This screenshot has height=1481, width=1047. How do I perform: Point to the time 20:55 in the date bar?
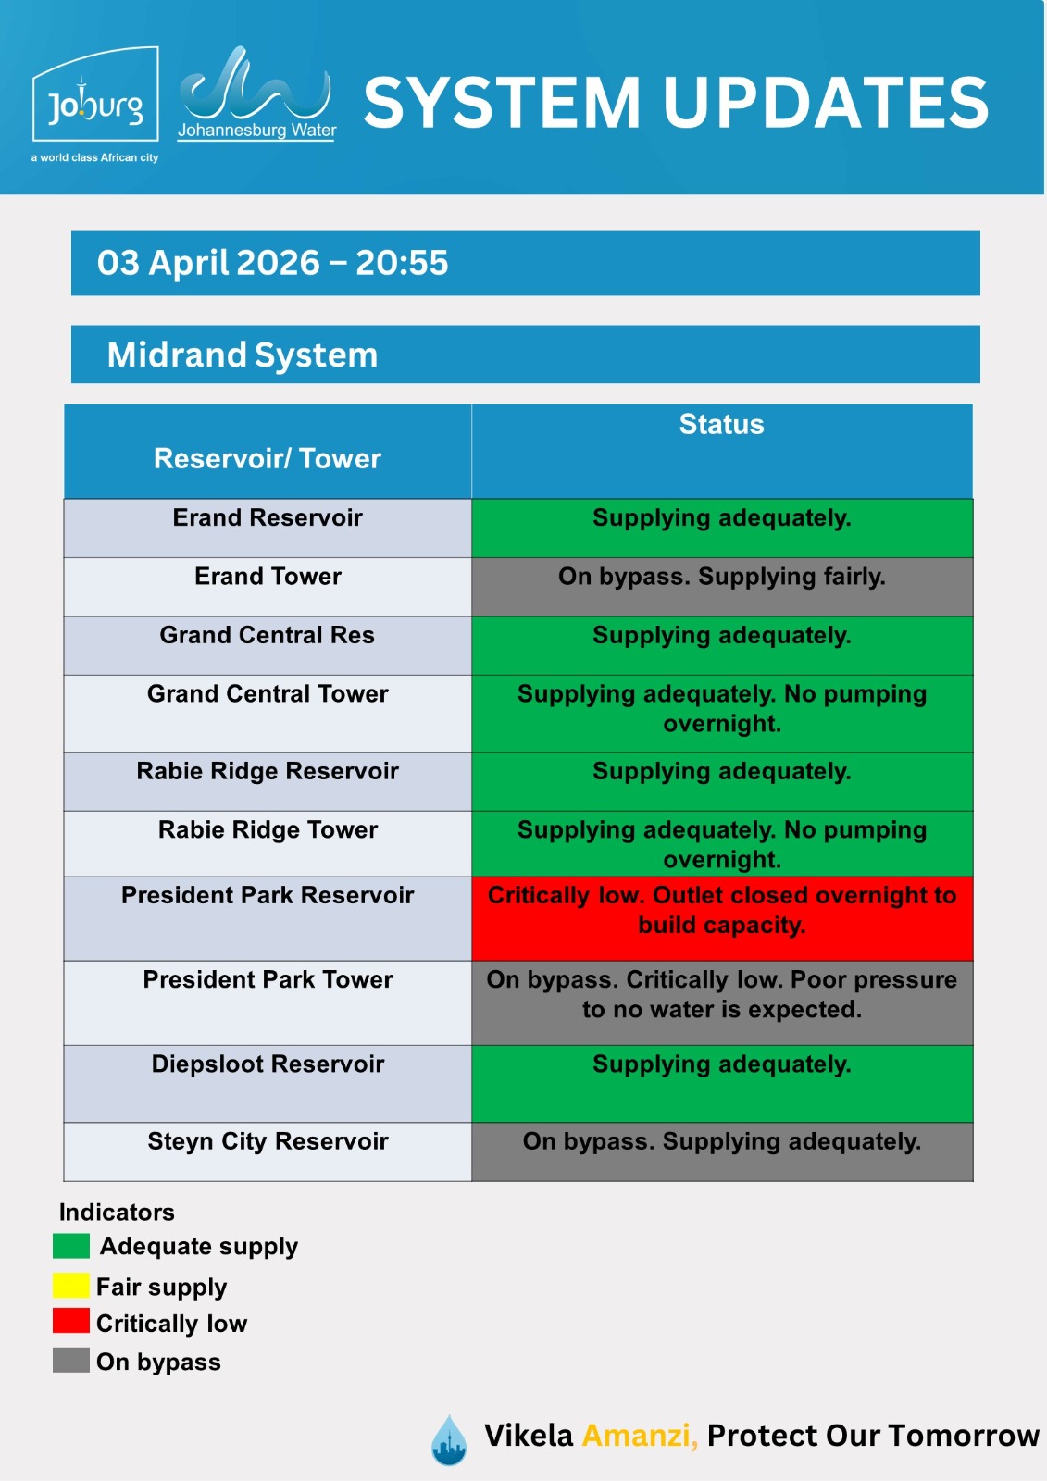[x=402, y=263]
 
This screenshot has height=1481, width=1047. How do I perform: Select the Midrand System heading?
[x=243, y=355]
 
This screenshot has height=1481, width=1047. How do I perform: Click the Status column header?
[x=721, y=425]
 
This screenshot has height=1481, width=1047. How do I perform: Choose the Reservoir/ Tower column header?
[x=268, y=458]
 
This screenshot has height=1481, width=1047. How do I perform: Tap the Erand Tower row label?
[x=268, y=577]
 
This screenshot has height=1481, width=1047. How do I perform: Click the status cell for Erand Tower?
[x=721, y=586]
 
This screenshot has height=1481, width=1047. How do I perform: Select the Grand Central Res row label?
[x=268, y=635]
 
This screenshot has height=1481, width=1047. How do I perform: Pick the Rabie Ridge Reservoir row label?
[x=268, y=771]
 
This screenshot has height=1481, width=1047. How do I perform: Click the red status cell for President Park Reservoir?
[x=721, y=917]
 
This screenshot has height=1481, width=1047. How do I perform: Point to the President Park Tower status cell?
[x=721, y=1002]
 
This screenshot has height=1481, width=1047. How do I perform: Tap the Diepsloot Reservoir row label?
[x=268, y=1064]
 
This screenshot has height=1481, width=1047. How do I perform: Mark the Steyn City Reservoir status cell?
[x=721, y=1151]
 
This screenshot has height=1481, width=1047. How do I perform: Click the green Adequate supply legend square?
[x=71, y=1246]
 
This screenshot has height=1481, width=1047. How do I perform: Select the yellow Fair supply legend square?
[x=71, y=1286]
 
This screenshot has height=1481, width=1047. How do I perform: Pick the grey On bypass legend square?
[x=71, y=1361]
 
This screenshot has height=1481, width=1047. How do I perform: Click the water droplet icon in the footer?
[x=449, y=1439]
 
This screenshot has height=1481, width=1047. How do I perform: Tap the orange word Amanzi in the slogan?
[x=639, y=1436]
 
